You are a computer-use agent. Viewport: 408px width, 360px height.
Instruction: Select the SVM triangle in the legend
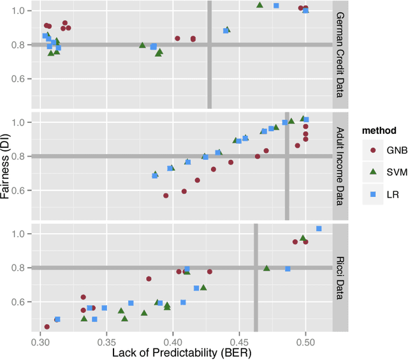point(372,172)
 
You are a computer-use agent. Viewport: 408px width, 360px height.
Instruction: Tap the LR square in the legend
point(372,194)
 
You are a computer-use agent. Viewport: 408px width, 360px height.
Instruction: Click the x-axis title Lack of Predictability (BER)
point(173,353)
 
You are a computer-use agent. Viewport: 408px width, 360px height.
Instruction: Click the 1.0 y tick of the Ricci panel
point(21,234)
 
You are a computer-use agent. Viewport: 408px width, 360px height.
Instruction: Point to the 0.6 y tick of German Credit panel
point(21,79)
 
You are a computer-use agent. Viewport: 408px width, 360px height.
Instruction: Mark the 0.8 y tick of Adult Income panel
point(21,156)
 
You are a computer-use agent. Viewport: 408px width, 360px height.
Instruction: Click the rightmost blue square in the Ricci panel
point(319,229)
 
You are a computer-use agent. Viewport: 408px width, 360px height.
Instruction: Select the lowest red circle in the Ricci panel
point(47,327)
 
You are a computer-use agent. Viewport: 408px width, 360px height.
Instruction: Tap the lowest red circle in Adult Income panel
point(166,196)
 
